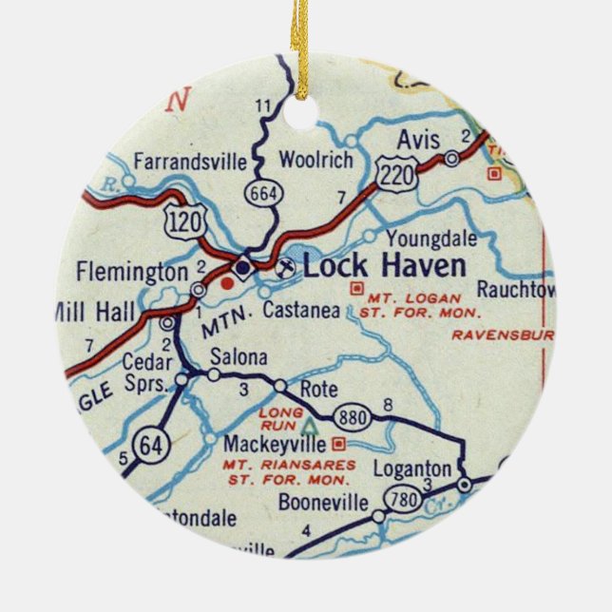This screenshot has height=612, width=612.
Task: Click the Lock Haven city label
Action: (x=384, y=266)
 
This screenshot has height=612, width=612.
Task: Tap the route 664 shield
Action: (x=260, y=192)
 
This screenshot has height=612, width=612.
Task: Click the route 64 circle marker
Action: (x=148, y=444)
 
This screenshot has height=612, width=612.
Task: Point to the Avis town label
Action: (x=418, y=140)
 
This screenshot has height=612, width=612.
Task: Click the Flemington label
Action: (x=132, y=273)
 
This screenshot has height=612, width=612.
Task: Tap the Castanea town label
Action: (x=301, y=310)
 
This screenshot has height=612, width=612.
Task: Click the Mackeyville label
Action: (x=276, y=444)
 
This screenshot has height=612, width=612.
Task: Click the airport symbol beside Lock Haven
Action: (x=282, y=269)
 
